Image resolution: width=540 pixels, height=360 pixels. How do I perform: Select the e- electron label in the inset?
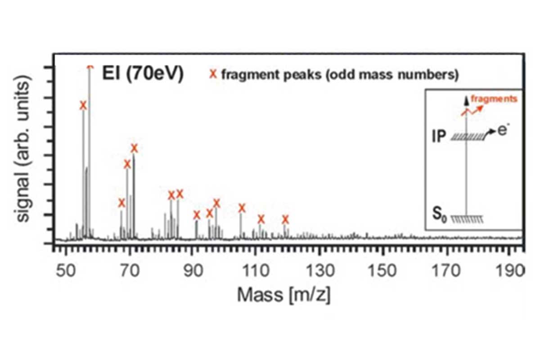pos(503,131)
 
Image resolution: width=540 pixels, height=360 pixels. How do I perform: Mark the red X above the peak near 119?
pos(285,220)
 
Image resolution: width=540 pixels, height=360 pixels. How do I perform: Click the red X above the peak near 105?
pos(242,208)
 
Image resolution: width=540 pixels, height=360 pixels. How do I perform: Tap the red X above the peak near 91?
pos(196,215)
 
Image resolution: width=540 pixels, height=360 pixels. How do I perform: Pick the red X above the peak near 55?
pos(83,105)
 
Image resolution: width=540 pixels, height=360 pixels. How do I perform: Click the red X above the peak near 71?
pos(134,148)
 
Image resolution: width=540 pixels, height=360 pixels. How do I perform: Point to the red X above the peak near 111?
pos(261,220)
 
